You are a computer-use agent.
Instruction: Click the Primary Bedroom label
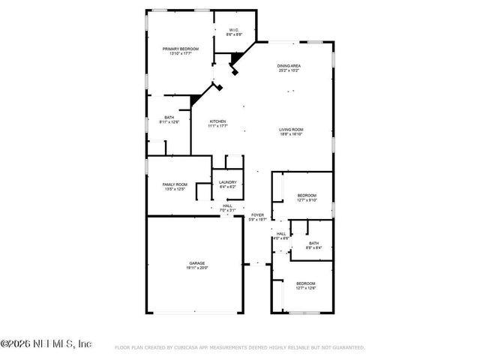click(180, 49)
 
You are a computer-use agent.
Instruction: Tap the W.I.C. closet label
click(234, 31)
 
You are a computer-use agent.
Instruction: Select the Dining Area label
click(289, 66)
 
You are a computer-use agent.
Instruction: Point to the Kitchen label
click(217, 121)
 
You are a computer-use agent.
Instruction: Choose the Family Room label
click(174, 184)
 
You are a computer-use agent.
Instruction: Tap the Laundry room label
click(227, 182)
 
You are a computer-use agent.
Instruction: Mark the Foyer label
click(257, 214)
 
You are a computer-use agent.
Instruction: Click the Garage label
click(197, 263)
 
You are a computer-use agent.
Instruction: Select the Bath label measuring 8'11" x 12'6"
click(169, 118)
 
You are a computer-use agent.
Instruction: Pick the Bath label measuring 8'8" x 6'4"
click(313, 242)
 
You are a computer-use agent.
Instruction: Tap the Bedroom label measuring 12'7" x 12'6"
click(305, 283)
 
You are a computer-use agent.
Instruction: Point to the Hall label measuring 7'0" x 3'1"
click(227, 206)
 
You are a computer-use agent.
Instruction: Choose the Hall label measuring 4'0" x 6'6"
click(281, 233)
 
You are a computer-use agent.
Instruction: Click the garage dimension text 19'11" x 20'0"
click(197, 268)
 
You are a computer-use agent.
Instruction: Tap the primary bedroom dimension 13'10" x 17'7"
click(180, 53)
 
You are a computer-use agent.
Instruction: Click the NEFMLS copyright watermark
click(46, 343)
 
